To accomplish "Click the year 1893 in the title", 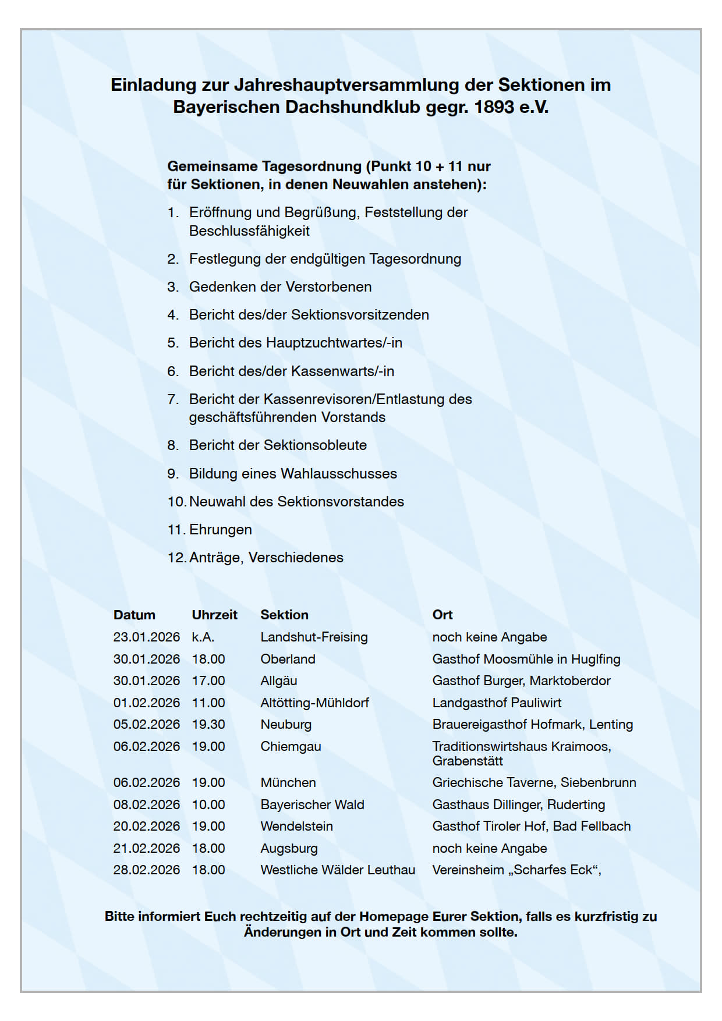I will coord(494,107).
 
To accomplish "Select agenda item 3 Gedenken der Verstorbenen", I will coord(280,287).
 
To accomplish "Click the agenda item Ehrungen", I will coord(221,530).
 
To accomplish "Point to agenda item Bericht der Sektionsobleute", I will coord(278,445).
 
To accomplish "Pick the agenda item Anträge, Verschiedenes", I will coord(266,558).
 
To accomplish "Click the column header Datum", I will coord(135,615).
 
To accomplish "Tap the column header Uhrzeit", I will coord(215,615).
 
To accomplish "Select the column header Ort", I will coord(443,615).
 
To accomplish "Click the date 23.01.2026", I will coord(147,637).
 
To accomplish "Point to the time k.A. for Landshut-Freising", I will coord(203,637).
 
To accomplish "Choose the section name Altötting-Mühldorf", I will coord(315,703).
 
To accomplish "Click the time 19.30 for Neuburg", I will coord(208,725).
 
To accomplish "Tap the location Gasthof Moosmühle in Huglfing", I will coord(526,660).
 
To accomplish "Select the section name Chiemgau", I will coord(291,747).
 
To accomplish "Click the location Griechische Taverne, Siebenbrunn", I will coord(534,783).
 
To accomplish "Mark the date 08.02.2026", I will coord(147,805).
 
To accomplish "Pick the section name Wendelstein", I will coord(297,827).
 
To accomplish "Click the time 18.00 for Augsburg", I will coord(208,849).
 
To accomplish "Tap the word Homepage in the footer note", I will coord(394,917).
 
